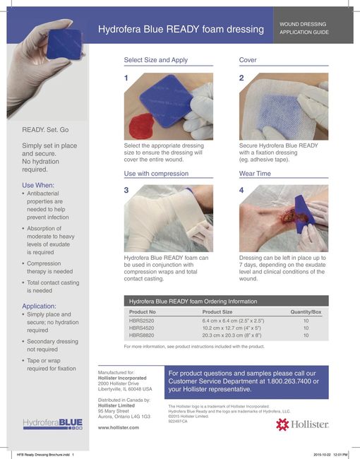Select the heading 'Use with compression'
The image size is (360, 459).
click(157, 173)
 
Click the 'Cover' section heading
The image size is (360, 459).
click(248, 61)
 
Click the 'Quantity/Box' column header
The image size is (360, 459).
click(306, 311)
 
